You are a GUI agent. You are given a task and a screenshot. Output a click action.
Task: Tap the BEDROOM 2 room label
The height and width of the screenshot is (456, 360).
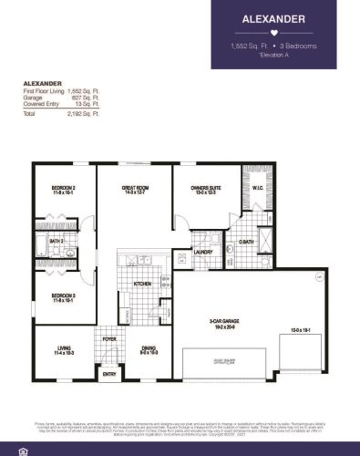click(x=65, y=189)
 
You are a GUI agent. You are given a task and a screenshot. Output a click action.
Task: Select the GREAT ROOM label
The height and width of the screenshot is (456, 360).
click(x=136, y=189)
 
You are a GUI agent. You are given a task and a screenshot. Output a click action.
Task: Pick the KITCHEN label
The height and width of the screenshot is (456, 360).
click(x=144, y=285)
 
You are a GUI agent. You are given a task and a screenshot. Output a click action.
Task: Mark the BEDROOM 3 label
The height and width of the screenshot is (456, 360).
click(x=64, y=295)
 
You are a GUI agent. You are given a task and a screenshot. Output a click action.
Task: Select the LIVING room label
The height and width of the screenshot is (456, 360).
click(x=65, y=347)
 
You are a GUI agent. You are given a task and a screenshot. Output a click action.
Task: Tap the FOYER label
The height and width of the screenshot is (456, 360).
click(x=109, y=339)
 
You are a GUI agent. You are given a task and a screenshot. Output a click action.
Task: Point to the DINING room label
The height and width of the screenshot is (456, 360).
click(x=149, y=347)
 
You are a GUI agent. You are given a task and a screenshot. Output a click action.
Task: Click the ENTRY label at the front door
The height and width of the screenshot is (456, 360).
click(x=109, y=374)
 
